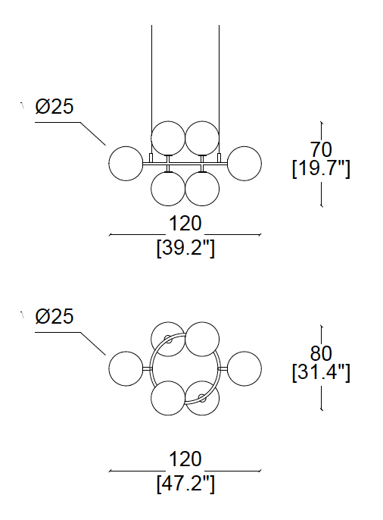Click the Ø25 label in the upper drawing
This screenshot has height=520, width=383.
pos(54,107)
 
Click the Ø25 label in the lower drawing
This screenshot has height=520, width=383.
pos(54,316)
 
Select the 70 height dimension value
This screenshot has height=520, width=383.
pos(321,149)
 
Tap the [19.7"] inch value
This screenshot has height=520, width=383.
pos(321,169)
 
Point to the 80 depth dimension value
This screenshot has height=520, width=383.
pos(321,353)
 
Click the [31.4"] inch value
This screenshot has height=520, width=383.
pos(321,373)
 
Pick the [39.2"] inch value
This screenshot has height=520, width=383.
pos(185,248)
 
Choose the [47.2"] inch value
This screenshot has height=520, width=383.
pos(185,484)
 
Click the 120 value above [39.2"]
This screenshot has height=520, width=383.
pos(185,224)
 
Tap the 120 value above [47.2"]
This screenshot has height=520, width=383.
pos(185,459)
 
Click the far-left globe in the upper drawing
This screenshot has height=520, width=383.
pos(126,164)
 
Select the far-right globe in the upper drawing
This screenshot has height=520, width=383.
pos(244,164)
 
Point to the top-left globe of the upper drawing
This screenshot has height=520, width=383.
pos(168,138)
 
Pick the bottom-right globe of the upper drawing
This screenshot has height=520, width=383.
pos(202,189)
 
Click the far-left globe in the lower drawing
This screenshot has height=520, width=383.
pos(126,368)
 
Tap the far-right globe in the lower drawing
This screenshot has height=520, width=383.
pos(244,368)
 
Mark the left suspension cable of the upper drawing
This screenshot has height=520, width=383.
pos(151,89)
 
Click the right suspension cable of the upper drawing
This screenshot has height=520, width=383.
pos(219,89)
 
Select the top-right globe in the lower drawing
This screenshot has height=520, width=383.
pos(202,339)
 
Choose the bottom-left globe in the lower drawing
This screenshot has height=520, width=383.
pos(168,398)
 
